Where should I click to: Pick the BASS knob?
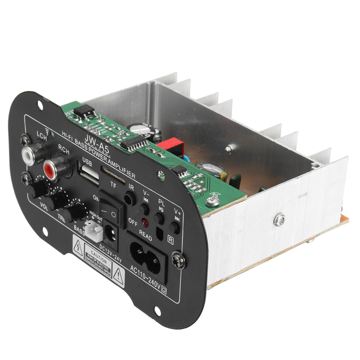(x=75, y=212)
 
